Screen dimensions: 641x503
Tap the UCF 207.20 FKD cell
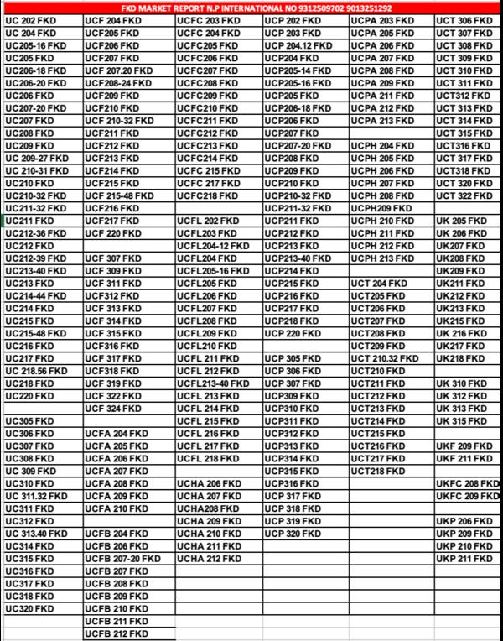click(x=118, y=70)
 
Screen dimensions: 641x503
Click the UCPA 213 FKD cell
click(x=382, y=121)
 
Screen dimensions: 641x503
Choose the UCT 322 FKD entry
click(x=464, y=196)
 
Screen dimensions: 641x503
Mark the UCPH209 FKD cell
click(x=381, y=208)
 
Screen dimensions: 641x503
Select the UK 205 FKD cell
click(x=461, y=221)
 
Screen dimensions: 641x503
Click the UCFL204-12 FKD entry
click(x=213, y=246)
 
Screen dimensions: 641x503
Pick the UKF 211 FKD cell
click(x=464, y=459)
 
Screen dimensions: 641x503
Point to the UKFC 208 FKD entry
click(x=467, y=484)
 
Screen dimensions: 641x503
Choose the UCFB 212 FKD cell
click(x=117, y=634)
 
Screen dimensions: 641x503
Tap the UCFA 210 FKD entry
click(x=117, y=509)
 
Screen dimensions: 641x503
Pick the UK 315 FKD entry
click(x=461, y=421)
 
